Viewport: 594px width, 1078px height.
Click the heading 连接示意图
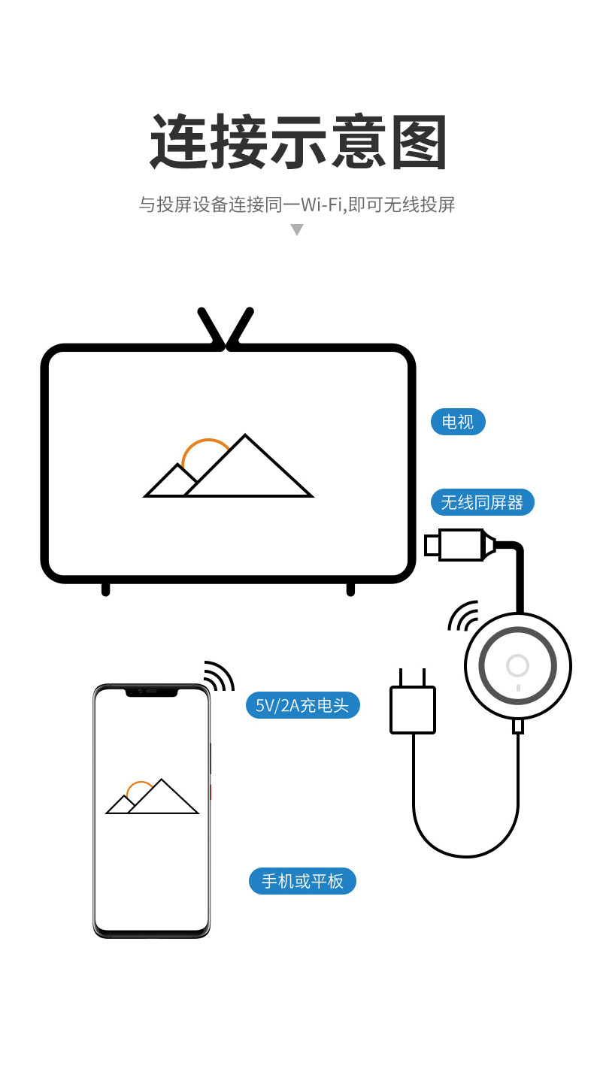click(x=299, y=141)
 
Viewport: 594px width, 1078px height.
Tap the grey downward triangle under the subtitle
click(x=297, y=230)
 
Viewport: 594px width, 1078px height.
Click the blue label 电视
click(x=458, y=422)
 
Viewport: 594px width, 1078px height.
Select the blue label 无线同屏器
click(x=482, y=502)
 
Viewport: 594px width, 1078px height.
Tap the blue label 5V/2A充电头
click(x=302, y=705)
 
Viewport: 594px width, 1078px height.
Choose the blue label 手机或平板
click(x=302, y=880)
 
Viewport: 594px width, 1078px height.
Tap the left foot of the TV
click(x=106, y=589)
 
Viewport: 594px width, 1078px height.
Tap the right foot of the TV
click(x=350, y=589)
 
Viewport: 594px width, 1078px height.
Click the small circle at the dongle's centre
click(x=517, y=665)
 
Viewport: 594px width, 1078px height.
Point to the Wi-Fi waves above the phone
click(x=218, y=676)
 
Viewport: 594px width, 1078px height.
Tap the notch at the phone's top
click(x=152, y=691)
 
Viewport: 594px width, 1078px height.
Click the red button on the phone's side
click(x=211, y=792)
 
